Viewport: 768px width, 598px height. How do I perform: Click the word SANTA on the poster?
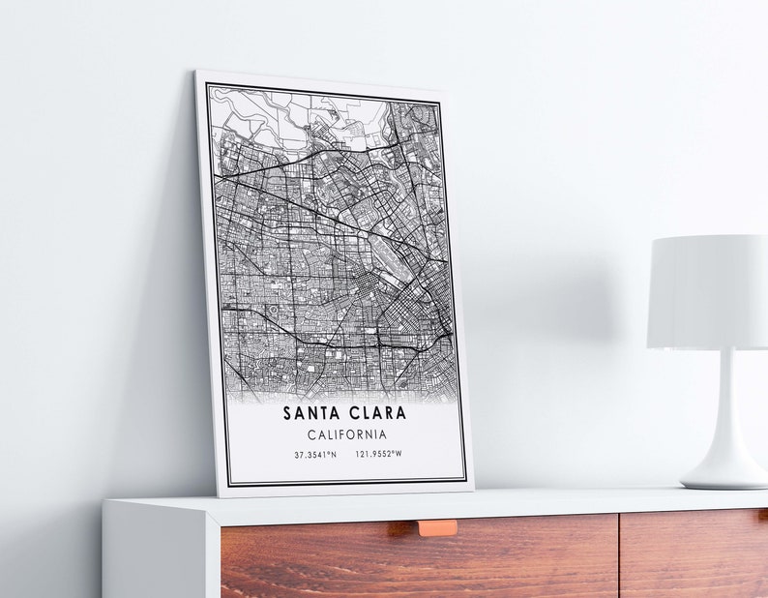[312, 413]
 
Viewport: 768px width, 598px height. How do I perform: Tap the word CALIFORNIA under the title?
[346, 435]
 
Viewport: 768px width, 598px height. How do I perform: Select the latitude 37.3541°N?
[316, 454]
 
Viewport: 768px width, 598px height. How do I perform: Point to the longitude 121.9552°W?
[378, 454]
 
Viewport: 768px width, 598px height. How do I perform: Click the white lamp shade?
[708, 291]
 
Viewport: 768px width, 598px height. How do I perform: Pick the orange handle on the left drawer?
[437, 527]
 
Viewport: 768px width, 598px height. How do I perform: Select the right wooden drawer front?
[693, 556]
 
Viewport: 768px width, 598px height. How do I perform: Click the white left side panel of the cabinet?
[155, 552]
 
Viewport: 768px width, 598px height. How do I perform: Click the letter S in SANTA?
[288, 413]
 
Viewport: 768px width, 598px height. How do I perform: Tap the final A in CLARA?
[401, 413]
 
